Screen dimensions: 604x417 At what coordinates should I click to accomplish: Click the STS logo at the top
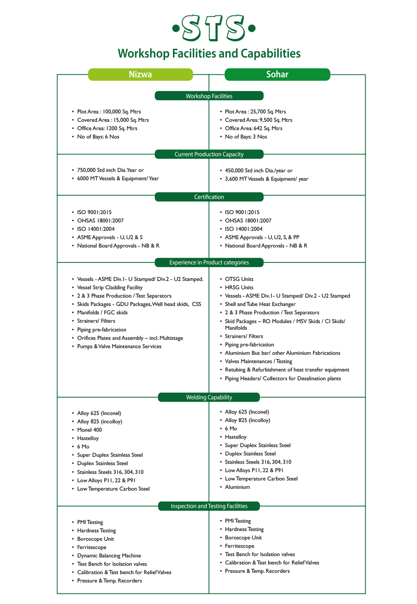coord(214,28)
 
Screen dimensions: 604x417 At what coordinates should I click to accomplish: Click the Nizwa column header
coord(140,74)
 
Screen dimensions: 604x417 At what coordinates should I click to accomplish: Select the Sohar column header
coord(277,74)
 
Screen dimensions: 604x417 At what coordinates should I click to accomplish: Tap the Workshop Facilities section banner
coord(209,96)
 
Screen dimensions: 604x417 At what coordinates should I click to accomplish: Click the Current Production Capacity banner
coord(209,154)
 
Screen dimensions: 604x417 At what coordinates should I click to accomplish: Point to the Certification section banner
coord(209,197)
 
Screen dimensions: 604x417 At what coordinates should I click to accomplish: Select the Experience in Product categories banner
coord(209,262)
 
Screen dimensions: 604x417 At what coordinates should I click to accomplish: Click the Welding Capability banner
coord(209,397)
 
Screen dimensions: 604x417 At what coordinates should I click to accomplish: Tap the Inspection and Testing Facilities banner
coord(209,506)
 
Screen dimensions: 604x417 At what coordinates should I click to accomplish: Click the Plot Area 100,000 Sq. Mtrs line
coord(109,112)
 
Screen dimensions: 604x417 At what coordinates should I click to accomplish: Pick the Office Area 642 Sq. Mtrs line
coord(253,128)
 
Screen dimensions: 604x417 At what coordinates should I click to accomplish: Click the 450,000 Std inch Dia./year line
coord(259,171)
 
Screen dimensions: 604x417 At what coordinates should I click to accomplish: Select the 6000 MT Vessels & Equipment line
coord(118,178)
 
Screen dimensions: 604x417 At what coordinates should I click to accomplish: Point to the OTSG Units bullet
coord(239,279)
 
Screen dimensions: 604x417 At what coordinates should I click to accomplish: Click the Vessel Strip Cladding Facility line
coord(110,287)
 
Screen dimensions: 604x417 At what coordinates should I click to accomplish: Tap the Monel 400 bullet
coord(89,430)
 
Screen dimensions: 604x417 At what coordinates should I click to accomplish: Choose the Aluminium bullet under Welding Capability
coord(237,487)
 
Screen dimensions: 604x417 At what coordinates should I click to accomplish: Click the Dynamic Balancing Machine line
coord(109,556)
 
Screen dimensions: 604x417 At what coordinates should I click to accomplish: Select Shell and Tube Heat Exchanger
coord(260,304)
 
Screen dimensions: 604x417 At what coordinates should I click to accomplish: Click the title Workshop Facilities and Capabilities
coord(209,54)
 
